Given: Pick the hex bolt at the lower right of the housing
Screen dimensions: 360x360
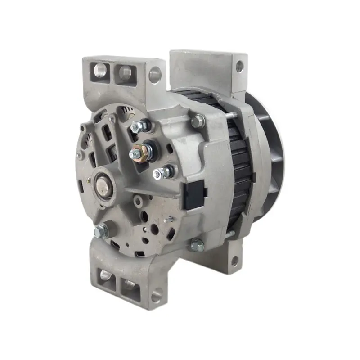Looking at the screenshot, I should point(197,245).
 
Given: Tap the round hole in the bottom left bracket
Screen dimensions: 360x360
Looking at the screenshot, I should point(156,296).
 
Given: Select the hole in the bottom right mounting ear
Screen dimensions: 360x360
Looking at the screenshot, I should point(235,261).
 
